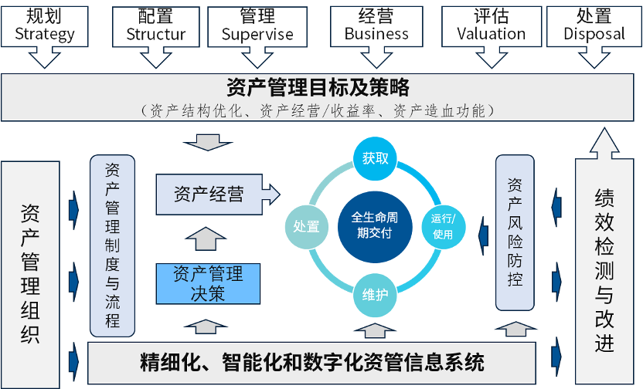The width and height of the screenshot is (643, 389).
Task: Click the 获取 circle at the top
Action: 375,159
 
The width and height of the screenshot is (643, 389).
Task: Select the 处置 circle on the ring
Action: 307,226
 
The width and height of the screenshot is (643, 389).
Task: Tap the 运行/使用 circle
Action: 443,227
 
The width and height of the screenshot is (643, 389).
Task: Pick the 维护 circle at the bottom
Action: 375,295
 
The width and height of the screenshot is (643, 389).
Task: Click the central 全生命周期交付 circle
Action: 375,225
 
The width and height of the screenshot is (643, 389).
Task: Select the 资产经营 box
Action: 209,194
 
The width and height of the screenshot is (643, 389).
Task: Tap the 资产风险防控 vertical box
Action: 515,232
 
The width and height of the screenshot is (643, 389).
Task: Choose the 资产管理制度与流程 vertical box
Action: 113,245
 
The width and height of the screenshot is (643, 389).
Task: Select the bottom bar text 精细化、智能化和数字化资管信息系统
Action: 312,361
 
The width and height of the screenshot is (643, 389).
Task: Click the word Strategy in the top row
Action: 45,34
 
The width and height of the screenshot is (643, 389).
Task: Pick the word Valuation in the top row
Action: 491,34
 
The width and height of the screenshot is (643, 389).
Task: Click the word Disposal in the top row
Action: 594,34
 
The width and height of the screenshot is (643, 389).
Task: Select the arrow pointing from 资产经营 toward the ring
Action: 270,194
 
